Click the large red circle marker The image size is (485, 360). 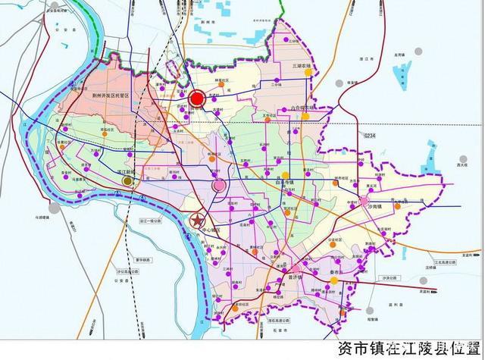click(198, 99)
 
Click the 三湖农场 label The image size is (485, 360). click(304, 67)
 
